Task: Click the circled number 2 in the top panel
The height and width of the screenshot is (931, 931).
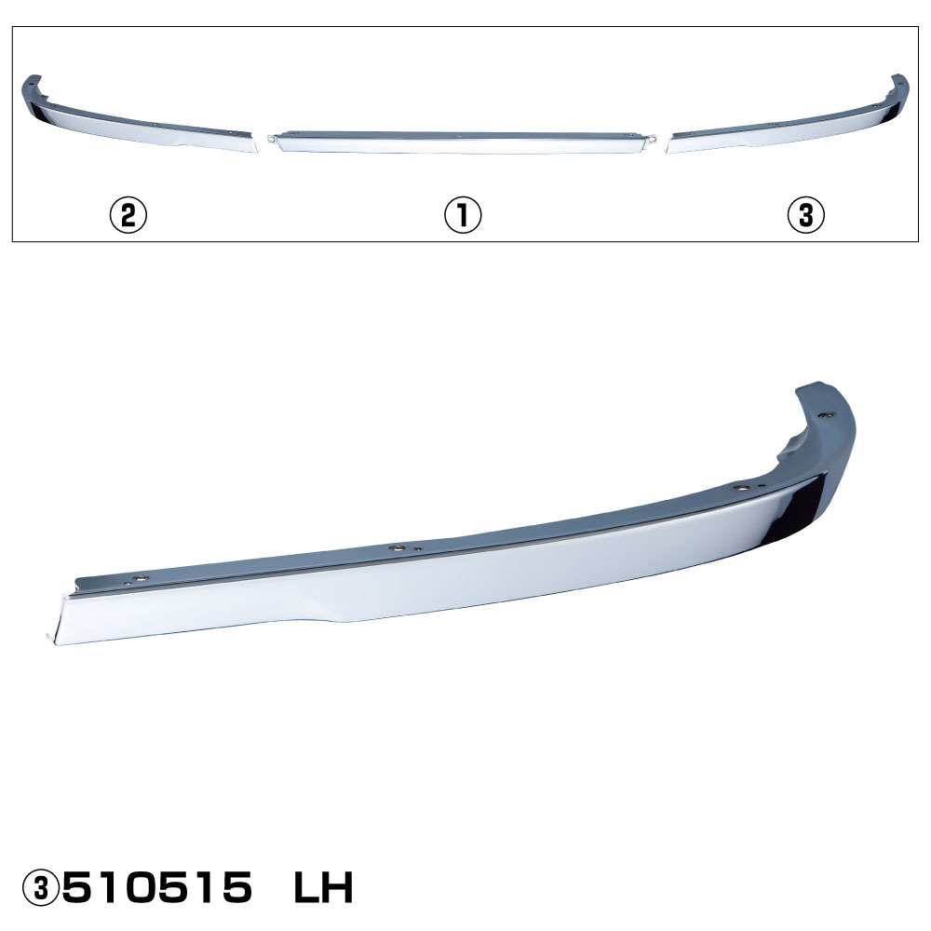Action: [x=128, y=215]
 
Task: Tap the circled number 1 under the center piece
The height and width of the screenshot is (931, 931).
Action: [x=463, y=215]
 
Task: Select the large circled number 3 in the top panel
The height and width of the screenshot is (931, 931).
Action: [x=805, y=215]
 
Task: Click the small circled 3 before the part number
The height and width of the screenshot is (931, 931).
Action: [x=40, y=887]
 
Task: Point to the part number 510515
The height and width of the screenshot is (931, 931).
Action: [x=157, y=887]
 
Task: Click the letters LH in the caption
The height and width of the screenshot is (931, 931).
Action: [x=324, y=887]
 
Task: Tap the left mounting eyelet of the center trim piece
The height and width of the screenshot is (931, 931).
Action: [x=271, y=141]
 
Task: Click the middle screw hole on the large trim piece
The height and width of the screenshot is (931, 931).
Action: [x=396, y=547]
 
